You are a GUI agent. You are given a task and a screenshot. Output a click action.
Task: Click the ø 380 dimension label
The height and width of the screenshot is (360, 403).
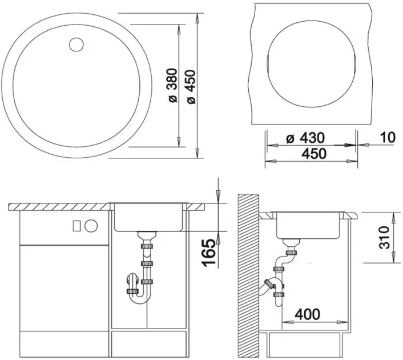click(173, 86)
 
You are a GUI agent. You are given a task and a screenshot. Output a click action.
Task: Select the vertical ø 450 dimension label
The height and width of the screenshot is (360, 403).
click(191, 87)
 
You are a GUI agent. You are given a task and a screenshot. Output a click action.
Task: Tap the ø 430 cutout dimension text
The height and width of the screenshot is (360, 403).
click(305, 138)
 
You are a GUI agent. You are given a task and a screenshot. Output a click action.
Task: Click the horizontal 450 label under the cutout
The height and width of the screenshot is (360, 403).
click(314, 154)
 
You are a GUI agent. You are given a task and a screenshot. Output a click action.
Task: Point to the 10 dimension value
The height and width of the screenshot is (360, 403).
click(388, 137)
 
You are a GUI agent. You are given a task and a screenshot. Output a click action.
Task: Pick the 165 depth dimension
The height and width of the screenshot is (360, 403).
click(209, 253)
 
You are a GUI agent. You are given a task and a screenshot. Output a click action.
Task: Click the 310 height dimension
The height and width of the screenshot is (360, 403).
click(385, 238)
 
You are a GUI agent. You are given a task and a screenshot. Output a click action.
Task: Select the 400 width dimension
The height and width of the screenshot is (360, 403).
click(308, 314)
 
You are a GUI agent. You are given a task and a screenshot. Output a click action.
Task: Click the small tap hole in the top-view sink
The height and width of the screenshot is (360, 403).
click(76, 45)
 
